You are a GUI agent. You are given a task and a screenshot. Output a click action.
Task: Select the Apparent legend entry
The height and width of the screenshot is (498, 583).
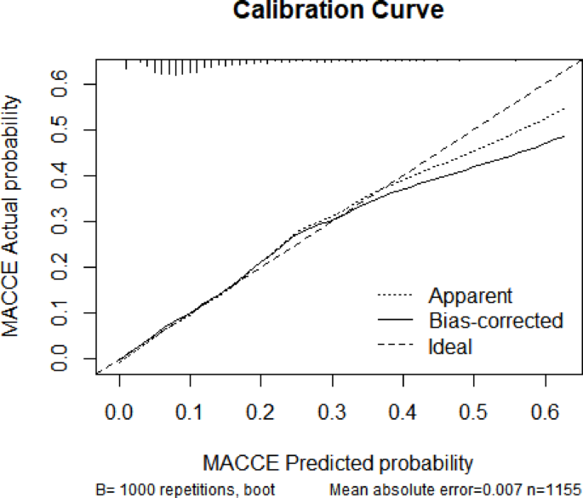(471, 296)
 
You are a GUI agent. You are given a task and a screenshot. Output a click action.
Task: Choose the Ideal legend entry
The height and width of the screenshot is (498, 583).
(450, 346)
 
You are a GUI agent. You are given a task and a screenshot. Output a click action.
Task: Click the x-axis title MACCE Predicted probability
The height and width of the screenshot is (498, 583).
(338, 463)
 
